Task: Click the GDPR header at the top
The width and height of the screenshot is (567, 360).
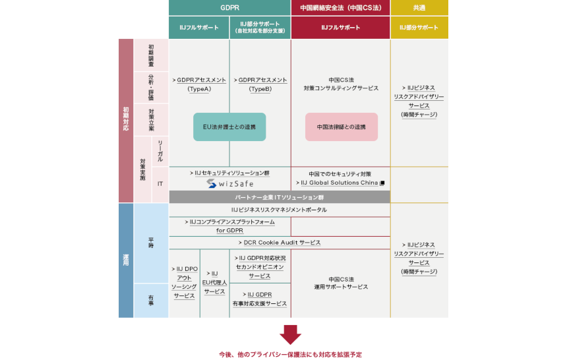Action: coord(229,8)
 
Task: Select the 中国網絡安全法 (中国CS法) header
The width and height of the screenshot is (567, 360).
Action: coord(341,8)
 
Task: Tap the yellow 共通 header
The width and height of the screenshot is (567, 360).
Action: coord(419,8)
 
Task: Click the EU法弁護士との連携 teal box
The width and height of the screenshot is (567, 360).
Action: coord(229,127)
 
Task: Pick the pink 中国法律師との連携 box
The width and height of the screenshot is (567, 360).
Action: coord(342,127)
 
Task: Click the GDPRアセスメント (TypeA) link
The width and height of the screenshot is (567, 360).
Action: coord(199,84)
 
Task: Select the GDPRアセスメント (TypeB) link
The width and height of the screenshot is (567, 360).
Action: coord(260,84)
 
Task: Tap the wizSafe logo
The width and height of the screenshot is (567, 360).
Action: coord(230,183)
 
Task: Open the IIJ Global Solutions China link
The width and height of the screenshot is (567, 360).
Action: coord(340,183)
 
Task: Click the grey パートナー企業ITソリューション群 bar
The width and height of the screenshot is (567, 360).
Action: coord(280,197)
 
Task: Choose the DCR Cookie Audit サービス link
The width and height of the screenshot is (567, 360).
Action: coord(280,243)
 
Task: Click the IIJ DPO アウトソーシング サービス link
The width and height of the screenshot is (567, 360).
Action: coord(185,282)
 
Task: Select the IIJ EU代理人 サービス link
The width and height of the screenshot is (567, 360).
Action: coord(214,282)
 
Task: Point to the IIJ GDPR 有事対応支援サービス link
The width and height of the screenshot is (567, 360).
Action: coord(260,299)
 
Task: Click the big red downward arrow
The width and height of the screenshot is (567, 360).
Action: coord(290,335)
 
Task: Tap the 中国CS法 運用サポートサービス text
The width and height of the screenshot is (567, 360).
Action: coord(341,283)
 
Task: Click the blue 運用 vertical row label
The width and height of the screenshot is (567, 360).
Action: coord(126,260)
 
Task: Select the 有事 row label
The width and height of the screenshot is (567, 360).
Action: coord(151,300)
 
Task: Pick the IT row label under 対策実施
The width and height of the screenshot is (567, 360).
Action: coord(160,184)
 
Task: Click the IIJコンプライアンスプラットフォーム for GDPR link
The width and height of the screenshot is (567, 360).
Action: coord(229,226)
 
